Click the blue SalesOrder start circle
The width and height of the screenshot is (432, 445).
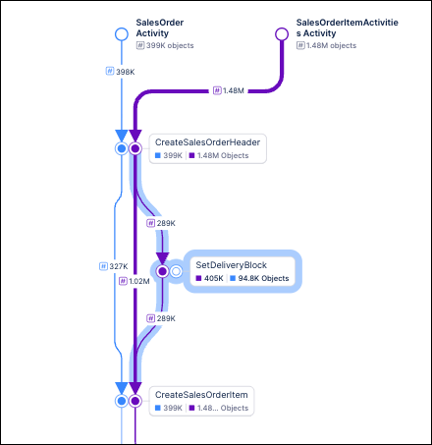point(122,34)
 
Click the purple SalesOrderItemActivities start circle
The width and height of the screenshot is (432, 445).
point(282,34)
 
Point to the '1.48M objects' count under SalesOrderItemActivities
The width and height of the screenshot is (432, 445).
point(332,46)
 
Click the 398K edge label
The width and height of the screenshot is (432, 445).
point(121,71)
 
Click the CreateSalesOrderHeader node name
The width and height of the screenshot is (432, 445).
point(207,142)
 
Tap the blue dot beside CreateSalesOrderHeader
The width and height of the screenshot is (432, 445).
point(122,148)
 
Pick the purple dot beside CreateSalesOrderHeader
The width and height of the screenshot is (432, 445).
point(135,148)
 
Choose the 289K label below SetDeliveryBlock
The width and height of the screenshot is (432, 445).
point(161,318)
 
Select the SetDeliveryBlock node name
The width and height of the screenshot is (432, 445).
point(231,265)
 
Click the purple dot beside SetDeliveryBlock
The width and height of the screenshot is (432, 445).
point(162,271)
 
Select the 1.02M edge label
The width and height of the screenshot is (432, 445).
point(134,281)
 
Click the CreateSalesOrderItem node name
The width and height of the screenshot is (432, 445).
point(201,394)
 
